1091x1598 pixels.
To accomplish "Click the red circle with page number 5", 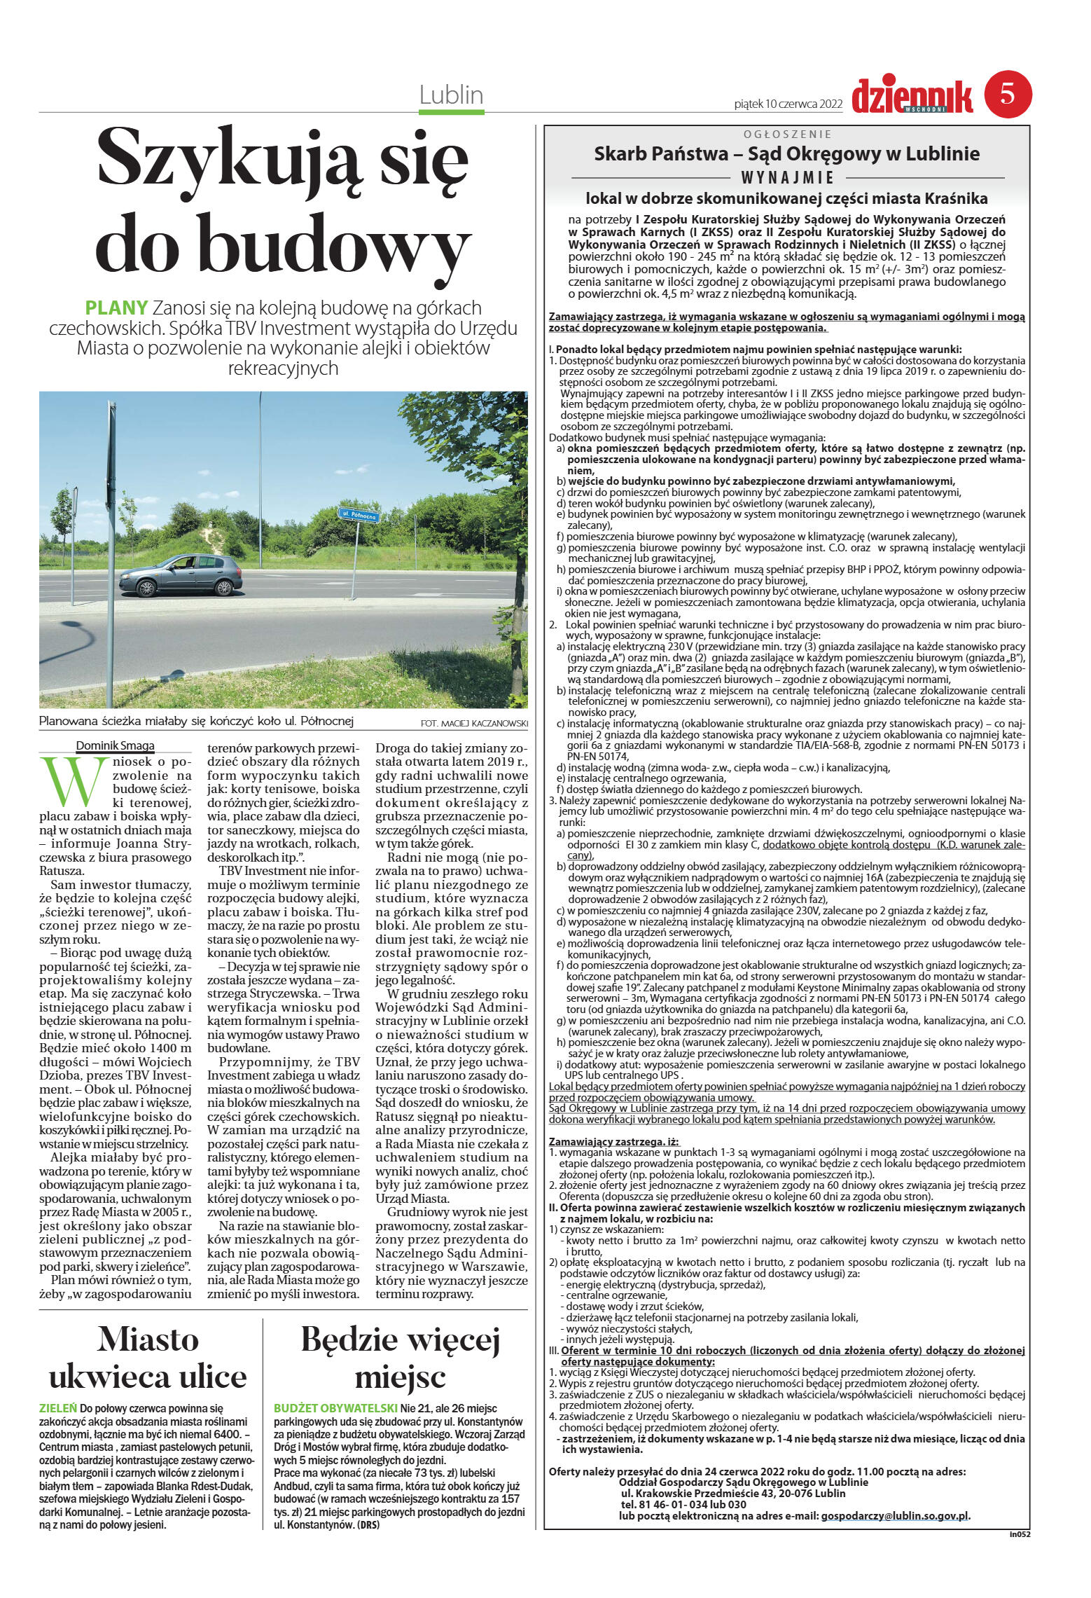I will [x=1008, y=94].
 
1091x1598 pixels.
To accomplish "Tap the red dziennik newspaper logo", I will [x=912, y=97].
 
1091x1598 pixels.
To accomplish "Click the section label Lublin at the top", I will [x=451, y=95].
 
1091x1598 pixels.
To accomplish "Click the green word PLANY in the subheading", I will [x=116, y=308].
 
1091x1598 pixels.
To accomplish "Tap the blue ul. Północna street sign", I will [x=359, y=516].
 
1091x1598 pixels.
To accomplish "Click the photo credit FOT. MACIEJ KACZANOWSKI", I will [x=474, y=723].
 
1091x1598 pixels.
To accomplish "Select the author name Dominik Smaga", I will [x=115, y=745].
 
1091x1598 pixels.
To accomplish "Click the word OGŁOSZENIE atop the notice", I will [x=787, y=134].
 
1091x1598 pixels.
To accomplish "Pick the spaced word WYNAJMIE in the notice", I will [x=787, y=178].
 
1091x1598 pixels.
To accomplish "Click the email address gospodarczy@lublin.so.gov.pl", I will [x=895, y=1515].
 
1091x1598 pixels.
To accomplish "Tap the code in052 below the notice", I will [x=1020, y=1534].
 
